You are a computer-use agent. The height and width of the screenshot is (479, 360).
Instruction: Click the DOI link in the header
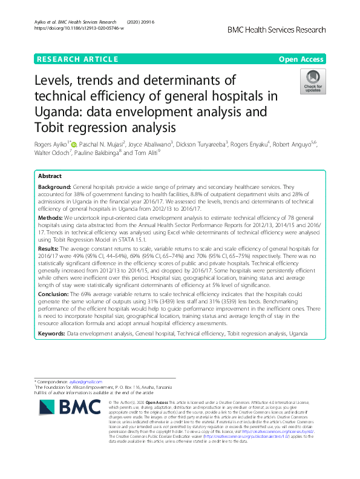(79, 28)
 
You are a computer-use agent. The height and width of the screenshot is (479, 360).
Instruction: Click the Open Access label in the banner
(301, 59)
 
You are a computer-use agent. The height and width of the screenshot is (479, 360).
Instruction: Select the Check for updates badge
(313, 83)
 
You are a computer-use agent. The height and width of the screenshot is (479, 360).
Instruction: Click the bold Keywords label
(51, 333)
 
